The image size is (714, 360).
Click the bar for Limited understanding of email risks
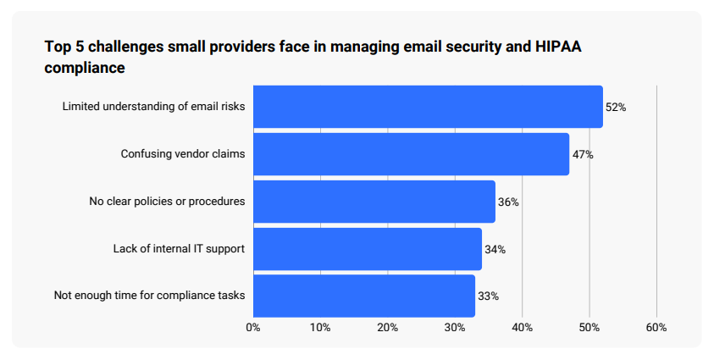point(428,107)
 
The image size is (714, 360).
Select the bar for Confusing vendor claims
point(411,154)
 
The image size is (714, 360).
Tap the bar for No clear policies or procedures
point(374,202)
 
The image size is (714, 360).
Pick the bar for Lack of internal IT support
point(367,249)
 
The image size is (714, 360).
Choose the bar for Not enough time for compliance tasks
point(363,296)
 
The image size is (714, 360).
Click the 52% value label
point(615,108)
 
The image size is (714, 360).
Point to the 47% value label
point(582,155)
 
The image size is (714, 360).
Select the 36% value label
point(508,202)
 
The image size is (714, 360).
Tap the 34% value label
point(495,250)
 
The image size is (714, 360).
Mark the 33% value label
point(488,296)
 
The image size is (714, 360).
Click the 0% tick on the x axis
point(252,327)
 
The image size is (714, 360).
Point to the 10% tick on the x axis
point(320,327)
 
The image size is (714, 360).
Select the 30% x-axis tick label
point(455,327)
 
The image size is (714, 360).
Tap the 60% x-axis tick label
point(656,327)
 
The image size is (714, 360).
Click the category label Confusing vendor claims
point(182,154)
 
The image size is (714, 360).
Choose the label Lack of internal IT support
point(179,249)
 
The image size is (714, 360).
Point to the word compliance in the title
point(85,68)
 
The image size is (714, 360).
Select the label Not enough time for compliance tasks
point(149,296)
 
